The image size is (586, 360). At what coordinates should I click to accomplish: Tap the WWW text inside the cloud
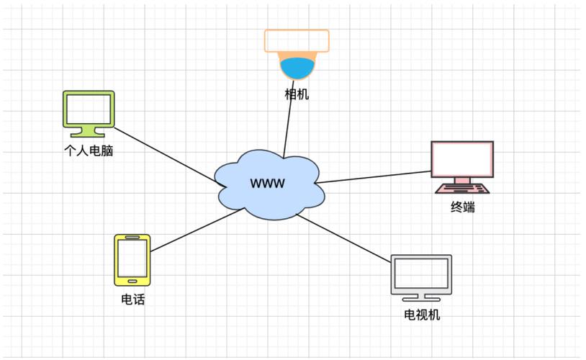pos(267,183)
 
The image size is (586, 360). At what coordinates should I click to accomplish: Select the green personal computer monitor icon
pos(89,109)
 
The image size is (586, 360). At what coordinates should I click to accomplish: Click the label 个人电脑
pos(89,151)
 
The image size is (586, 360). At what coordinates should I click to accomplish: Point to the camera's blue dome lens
pos(297,69)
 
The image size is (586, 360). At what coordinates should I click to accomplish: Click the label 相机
pos(297,94)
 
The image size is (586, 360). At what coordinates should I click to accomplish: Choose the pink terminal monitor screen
pos(462,158)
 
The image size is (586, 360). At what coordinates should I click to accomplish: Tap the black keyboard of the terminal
pos(462,189)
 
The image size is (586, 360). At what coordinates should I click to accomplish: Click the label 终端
pos(463,208)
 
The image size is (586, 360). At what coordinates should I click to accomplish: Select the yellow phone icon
pos(132,259)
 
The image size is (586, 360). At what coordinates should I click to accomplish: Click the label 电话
pos(133,300)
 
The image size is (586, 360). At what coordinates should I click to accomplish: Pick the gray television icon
pos(421,275)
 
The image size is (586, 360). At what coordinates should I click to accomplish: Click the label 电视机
pos(422,315)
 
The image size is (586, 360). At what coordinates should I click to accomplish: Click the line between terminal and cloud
pos(374,176)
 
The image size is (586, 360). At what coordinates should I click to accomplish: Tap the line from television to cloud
pos(346,238)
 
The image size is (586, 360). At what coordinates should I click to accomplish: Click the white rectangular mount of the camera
pos(297,41)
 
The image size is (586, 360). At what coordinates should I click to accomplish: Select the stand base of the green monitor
pos(89,133)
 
